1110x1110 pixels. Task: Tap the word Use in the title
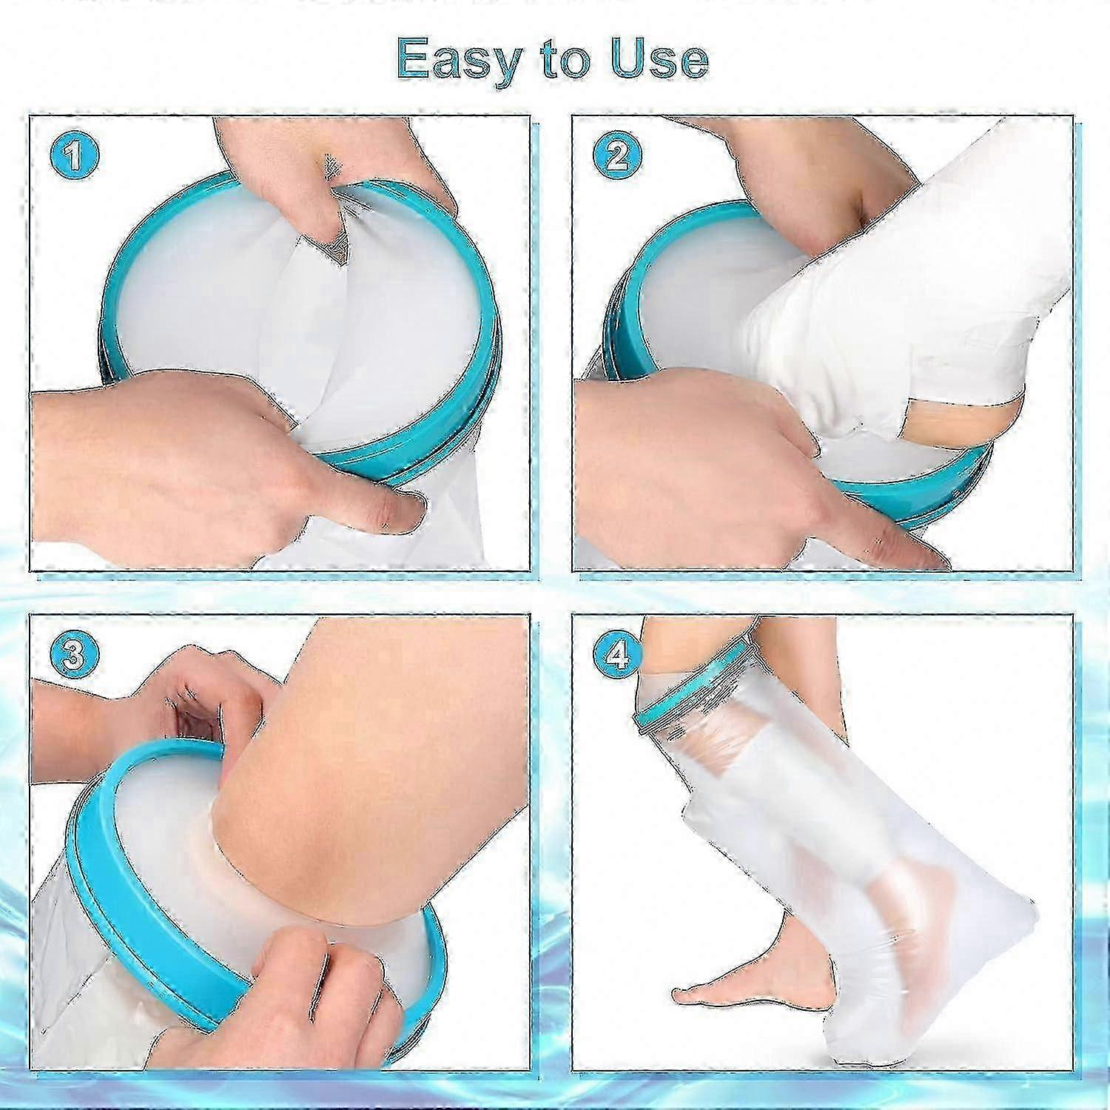(659, 58)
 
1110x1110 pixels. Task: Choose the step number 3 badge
(75, 654)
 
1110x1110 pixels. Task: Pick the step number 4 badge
(618, 654)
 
